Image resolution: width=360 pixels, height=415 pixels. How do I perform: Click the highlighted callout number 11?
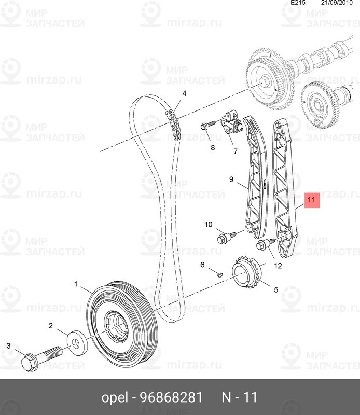pos(312,199)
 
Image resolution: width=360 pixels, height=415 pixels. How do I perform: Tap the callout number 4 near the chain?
pos(184,94)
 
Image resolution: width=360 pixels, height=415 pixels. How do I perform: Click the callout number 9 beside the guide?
pos(232,180)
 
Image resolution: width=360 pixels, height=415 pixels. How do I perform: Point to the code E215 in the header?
pos(298,3)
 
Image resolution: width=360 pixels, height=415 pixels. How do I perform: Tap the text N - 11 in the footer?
pos(239,398)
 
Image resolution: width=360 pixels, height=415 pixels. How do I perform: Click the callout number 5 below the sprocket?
pos(276,290)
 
